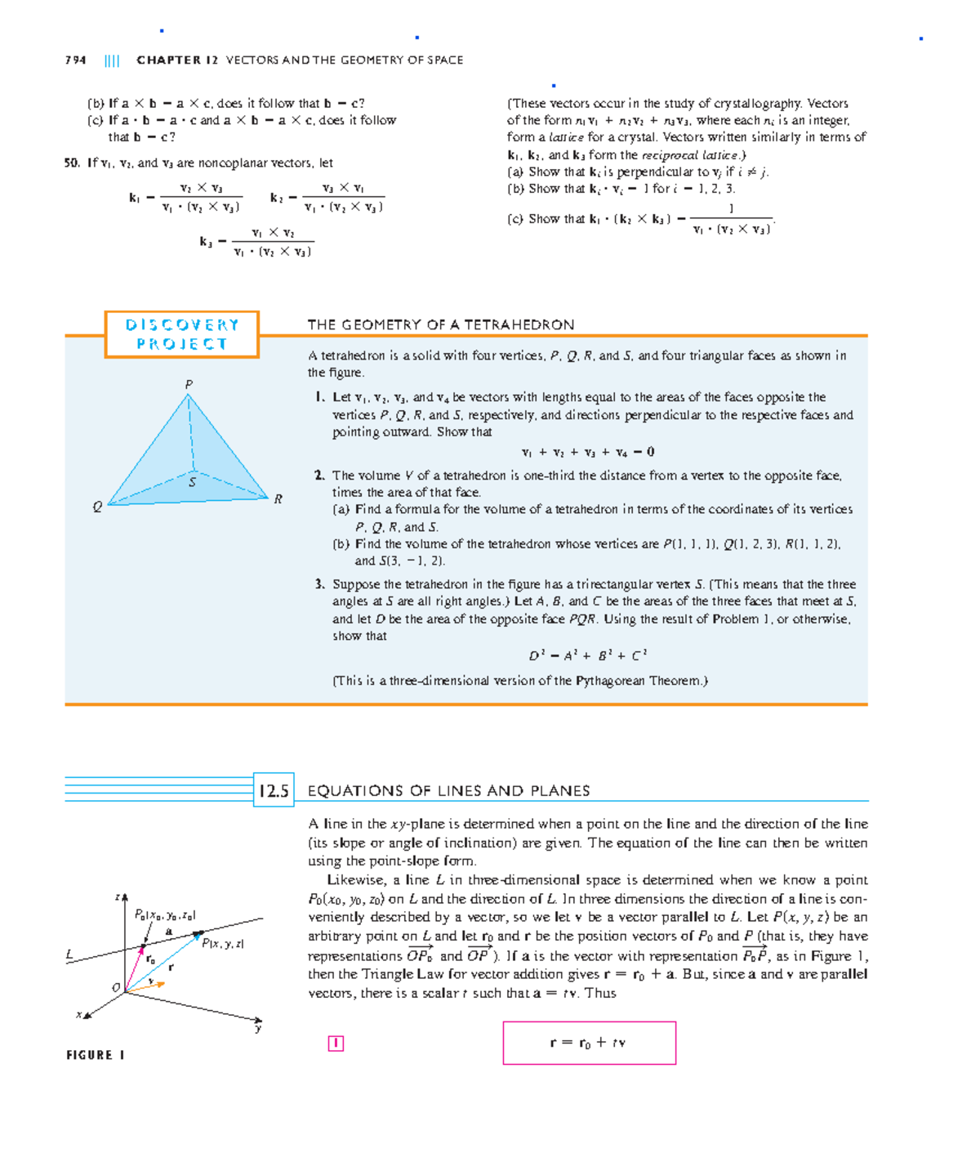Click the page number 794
(x=75, y=60)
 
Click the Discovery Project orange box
(x=181, y=334)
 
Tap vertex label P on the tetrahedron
(x=189, y=384)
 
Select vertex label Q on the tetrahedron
(x=97, y=507)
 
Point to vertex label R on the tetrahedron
(x=278, y=498)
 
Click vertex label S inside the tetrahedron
(x=193, y=482)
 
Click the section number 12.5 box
(x=274, y=790)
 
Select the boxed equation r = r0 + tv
(x=589, y=1043)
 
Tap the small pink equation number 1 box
(x=336, y=1044)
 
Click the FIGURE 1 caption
(x=96, y=1055)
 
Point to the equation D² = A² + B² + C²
(x=588, y=655)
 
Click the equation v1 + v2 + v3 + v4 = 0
(x=588, y=452)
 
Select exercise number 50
(x=72, y=163)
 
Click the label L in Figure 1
(x=69, y=955)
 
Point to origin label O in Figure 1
(x=116, y=987)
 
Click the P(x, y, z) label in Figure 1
(x=223, y=944)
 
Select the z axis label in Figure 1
(x=118, y=897)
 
